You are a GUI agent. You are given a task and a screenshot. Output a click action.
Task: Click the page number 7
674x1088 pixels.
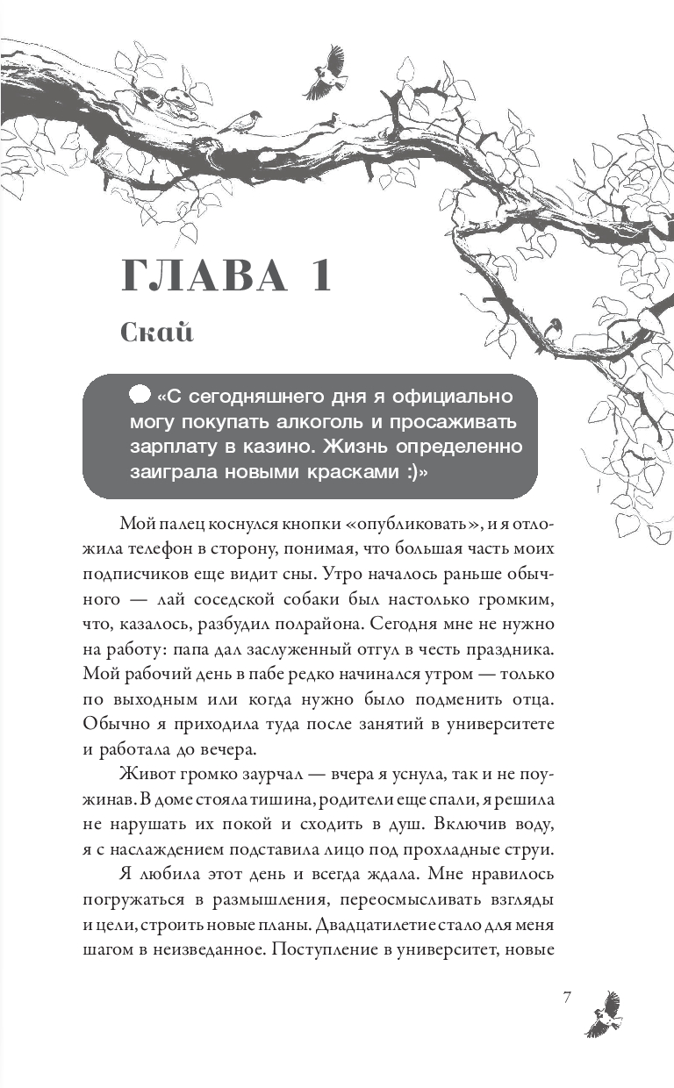tap(567, 998)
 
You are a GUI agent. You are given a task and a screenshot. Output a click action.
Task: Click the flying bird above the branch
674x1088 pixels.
tap(326, 73)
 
